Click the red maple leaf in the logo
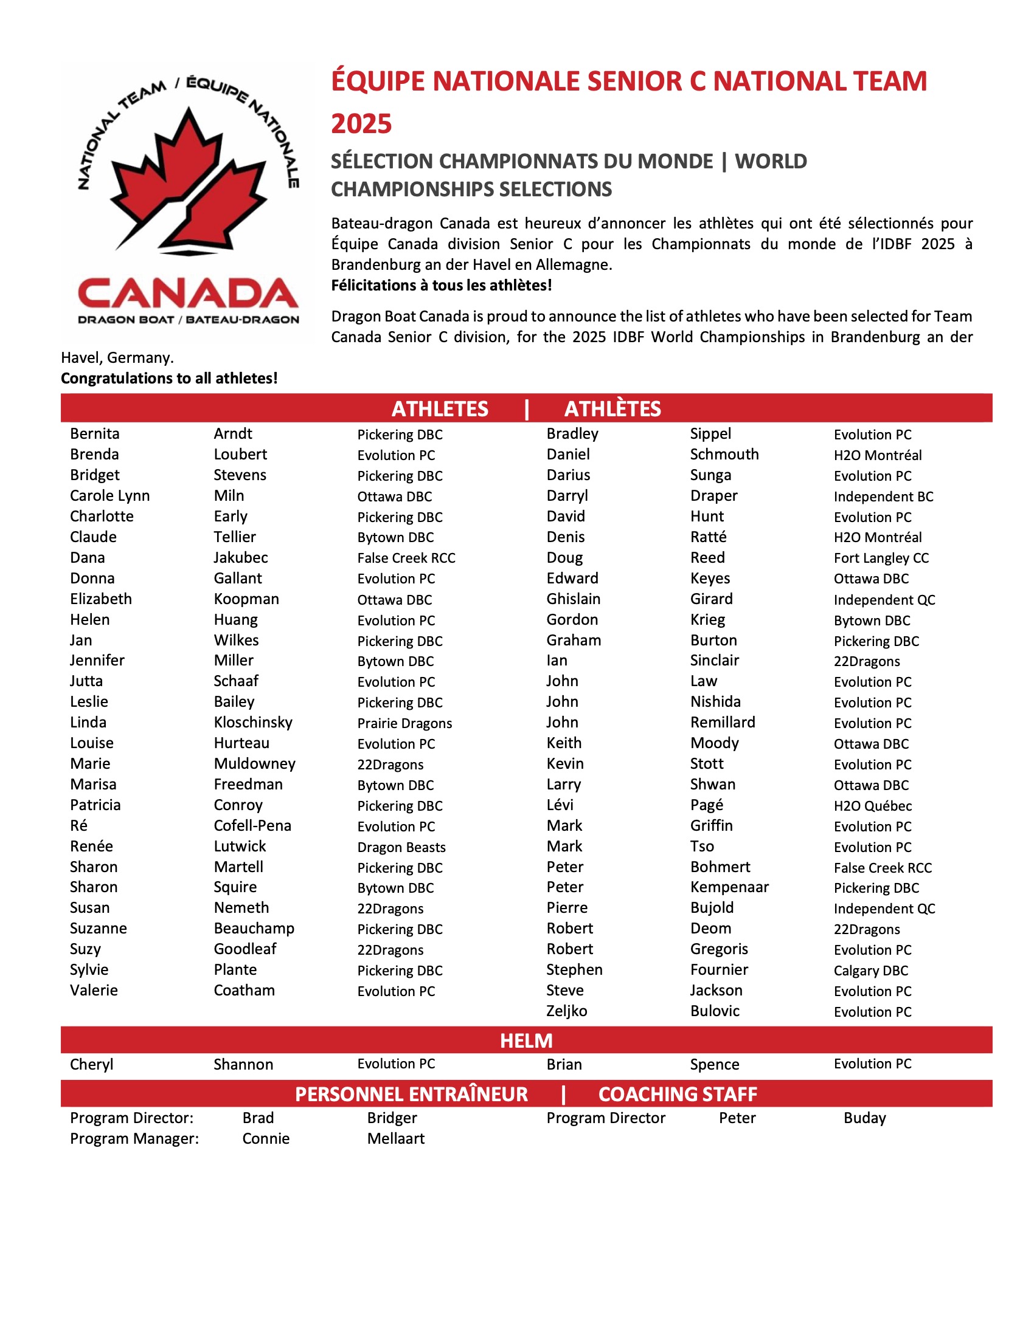188,177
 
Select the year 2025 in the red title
361,123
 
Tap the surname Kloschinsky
253,723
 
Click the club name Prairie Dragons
404,723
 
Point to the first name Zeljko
566,1011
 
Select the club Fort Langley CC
881,558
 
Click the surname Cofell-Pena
252,825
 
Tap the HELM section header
526,1040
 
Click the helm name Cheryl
91,1064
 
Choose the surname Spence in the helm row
714,1064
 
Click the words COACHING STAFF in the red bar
677,1093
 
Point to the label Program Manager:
134,1138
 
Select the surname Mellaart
396,1138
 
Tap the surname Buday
864,1118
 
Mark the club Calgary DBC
870,971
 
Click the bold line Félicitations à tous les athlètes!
441,285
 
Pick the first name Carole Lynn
109,495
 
